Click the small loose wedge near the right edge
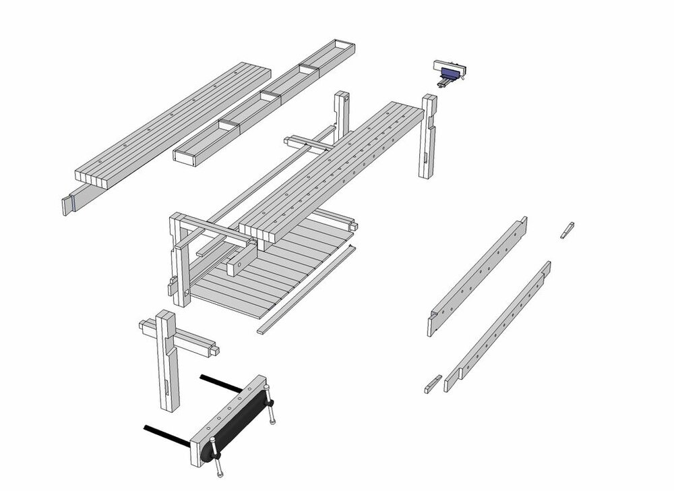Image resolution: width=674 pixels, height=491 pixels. (566, 230)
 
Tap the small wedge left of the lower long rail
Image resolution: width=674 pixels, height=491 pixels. (432, 384)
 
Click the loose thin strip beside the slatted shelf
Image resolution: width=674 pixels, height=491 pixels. (307, 289)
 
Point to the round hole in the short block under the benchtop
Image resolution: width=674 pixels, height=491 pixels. (239, 268)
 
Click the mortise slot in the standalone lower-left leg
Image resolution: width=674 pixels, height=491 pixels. (167, 388)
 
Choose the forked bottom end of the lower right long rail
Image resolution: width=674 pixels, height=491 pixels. (451, 380)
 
